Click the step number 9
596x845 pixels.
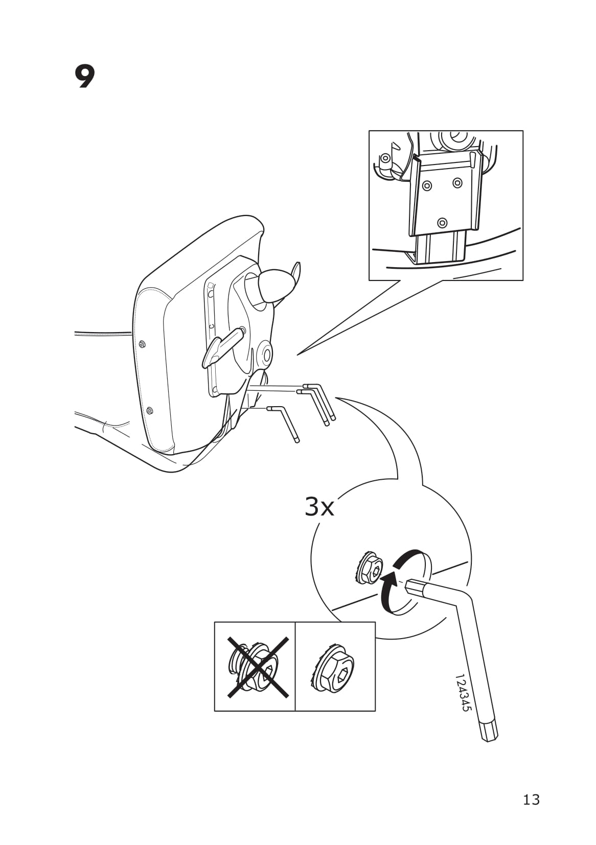click(85, 77)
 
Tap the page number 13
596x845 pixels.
click(531, 799)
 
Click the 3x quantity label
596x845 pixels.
click(319, 507)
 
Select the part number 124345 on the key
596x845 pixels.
click(462, 693)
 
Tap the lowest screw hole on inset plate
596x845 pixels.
click(442, 223)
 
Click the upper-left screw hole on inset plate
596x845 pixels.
click(427, 186)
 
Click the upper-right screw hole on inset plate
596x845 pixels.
click(457, 182)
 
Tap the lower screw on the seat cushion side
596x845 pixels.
click(149, 410)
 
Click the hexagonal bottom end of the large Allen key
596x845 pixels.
click(489, 730)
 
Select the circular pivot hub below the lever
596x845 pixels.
click(265, 353)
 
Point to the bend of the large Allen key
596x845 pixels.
click(463, 598)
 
